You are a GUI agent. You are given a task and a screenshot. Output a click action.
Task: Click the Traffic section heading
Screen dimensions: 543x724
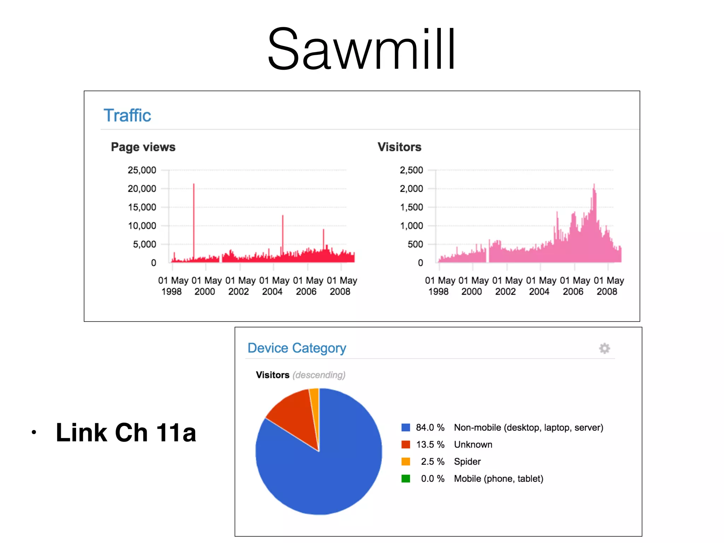(127, 116)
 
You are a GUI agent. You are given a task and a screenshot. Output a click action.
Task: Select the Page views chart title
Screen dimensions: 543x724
(143, 147)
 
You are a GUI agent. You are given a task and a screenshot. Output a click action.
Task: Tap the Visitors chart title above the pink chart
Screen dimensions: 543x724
(399, 147)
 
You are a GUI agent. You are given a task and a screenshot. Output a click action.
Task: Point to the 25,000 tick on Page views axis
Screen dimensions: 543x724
(142, 170)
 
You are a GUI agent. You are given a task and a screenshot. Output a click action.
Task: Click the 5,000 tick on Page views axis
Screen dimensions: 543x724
(144, 244)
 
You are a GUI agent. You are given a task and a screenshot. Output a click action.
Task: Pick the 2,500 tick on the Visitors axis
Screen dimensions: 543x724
(411, 170)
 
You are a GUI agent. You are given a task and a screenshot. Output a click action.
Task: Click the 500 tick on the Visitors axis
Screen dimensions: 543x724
(415, 244)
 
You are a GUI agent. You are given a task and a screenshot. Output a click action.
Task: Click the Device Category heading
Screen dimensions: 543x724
(297, 348)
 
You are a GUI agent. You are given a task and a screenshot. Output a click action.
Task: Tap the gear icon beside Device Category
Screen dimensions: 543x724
(605, 349)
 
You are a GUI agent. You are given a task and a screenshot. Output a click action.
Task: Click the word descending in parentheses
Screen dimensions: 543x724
(319, 375)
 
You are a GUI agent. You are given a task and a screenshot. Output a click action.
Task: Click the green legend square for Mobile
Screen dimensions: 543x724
(406, 479)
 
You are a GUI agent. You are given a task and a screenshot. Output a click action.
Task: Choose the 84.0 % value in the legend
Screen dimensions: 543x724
(430, 428)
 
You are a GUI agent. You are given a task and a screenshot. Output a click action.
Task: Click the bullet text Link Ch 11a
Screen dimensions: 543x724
(126, 433)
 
